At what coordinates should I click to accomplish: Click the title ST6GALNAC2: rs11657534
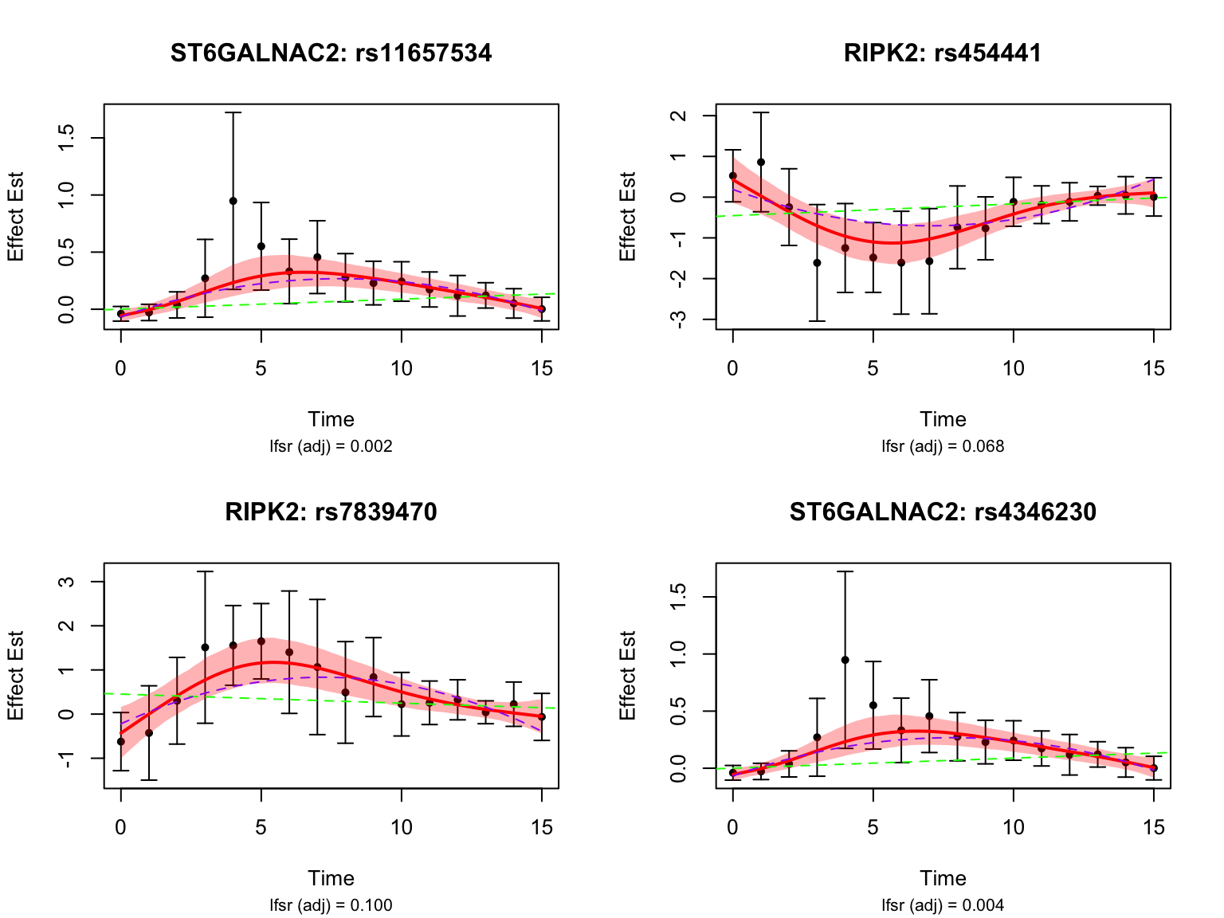click(331, 53)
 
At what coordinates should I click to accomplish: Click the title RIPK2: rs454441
click(943, 53)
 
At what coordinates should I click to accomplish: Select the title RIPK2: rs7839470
click(331, 512)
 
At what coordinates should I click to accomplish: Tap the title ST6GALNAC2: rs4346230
click(943, 512)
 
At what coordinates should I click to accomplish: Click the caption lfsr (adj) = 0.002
click(331, 446)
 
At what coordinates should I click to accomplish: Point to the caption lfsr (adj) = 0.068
click(943, 446)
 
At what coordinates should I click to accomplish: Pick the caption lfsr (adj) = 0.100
click(331, 905)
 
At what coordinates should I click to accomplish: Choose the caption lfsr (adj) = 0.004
click(943, 905)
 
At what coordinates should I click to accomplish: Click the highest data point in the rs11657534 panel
click(233, 201)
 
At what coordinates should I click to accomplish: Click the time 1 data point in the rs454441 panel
click(761, 162)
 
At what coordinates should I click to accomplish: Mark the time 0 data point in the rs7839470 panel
click(121, 742)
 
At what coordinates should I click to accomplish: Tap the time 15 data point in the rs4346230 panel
click(1153, 768)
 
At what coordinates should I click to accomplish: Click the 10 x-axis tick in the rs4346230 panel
click(1013, 827)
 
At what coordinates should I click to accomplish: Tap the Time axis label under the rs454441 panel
click(943, 419)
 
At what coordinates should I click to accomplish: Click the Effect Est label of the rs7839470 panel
click(15, 675)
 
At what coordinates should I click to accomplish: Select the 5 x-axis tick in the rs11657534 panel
click(261, 368)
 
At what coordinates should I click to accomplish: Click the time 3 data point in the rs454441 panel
click(817, 263)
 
